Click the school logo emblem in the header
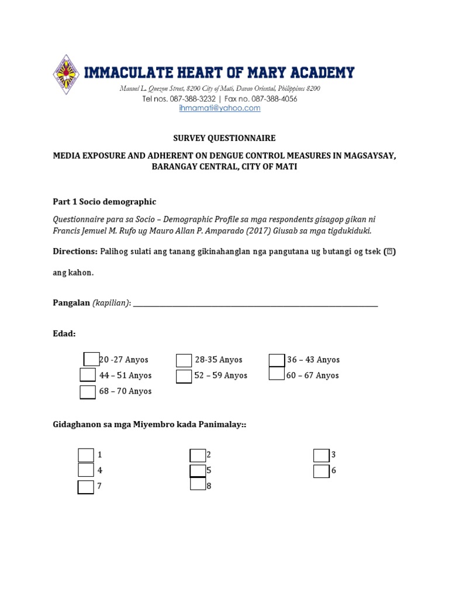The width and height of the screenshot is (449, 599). tap(66, 75)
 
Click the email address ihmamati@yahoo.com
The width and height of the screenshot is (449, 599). tap(220, 108)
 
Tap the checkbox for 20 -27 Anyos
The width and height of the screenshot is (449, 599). tap(92, 359)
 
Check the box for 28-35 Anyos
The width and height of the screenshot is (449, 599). tap(184, 360)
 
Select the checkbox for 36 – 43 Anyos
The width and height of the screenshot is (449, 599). tap(277, 360)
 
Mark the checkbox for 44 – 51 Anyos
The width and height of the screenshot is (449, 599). tap(88, 375)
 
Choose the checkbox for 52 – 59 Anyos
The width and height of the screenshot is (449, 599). tap(184, 376)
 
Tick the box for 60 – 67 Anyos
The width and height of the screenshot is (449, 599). tap(277, 374)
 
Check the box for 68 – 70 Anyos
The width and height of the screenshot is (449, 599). tap(88, 391)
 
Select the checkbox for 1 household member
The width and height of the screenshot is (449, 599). tap(86, 455)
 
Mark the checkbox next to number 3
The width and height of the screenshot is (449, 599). tap(321, 455)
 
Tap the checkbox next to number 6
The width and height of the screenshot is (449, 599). tap(321, 471)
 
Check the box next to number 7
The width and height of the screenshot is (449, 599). tap(85, 487)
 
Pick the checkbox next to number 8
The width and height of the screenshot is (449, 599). tap(198, 484)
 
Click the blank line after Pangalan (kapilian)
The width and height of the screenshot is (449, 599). tap(255, 303)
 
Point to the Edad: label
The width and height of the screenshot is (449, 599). tap(64, 333)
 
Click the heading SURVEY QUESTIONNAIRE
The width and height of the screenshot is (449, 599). tap(224, 138)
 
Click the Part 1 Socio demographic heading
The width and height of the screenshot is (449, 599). tap(105, 201)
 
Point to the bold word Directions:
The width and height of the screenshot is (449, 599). tap(75, 251)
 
